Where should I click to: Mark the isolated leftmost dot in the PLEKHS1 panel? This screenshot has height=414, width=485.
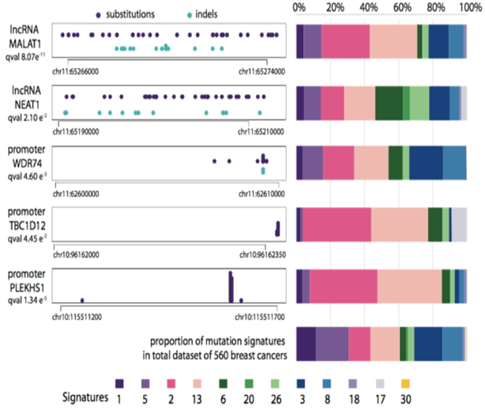(83, 299)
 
